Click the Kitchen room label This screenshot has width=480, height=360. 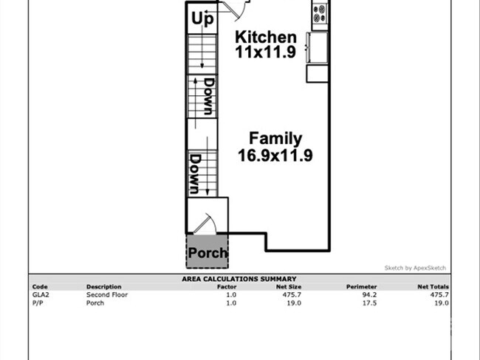(x=265, y=37)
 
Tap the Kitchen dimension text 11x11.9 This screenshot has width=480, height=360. (x=265, y=52)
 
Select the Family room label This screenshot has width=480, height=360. (x=275, y=138)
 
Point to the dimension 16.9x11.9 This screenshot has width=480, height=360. (x=275, y=155)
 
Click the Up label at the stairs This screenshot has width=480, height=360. (x=202, y=19)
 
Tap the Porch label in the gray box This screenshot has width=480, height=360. (x=208, y=253)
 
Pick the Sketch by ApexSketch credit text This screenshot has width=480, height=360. (x=415, y=268)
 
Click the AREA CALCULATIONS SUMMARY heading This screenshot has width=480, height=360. (x=239, y=279)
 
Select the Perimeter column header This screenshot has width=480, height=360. (x=361, y=286)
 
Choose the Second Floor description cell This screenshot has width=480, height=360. (x=103, y=294)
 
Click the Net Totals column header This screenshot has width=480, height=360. (x=433, y=286)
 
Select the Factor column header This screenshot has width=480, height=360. (x=227, y=286)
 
